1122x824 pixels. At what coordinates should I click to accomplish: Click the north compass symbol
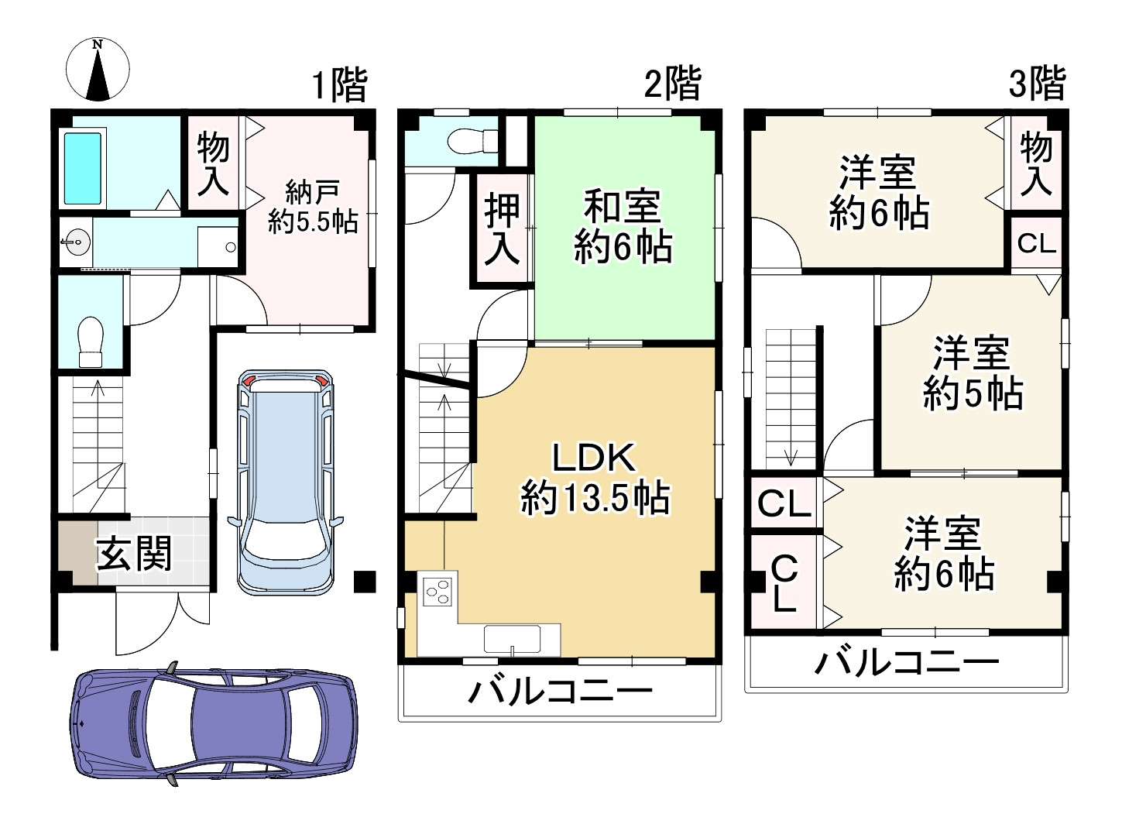coord(98,69)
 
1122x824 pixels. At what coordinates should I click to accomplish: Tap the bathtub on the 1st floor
coord(83,168)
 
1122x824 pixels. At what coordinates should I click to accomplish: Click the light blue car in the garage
coord(286,482)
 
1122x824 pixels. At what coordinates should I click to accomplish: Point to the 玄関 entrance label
coord(134,554)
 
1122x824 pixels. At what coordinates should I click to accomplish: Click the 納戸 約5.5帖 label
coord(313,207)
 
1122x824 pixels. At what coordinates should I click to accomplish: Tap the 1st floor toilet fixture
coord(91,342)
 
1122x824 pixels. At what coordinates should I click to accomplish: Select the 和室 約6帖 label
coord(623,226)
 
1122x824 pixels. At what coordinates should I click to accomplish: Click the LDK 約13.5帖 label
coord(595,479)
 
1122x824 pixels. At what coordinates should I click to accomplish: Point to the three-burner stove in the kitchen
coord(438,591)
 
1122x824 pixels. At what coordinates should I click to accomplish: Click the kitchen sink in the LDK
coord(512,639)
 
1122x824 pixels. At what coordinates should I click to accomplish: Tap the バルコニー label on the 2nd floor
coord(560,692)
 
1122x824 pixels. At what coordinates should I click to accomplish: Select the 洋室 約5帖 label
coord(973,373)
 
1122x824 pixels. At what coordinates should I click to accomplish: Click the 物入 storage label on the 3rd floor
coord(1036,164)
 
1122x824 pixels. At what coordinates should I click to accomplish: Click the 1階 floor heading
coord(340,84)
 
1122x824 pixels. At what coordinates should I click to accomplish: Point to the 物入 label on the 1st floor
coord(213,164)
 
